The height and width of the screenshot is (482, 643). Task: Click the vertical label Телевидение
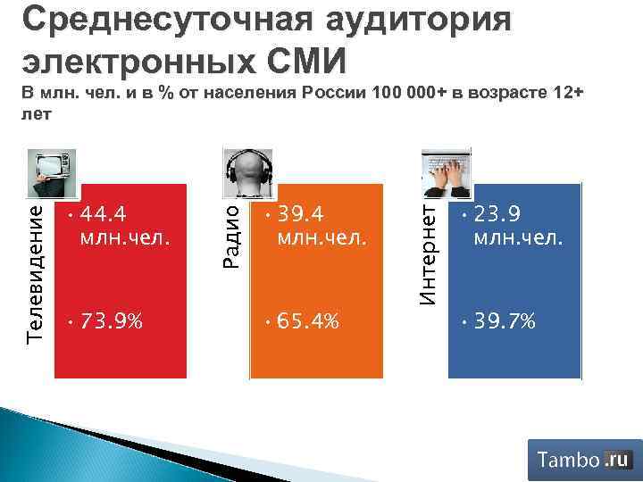[x=37, y=268]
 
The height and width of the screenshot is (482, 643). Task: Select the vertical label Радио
[x=231, y=235]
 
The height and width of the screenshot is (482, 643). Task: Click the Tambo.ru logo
[x=584, y=460]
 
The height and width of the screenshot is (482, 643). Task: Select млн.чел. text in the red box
[x=124, y=238]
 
